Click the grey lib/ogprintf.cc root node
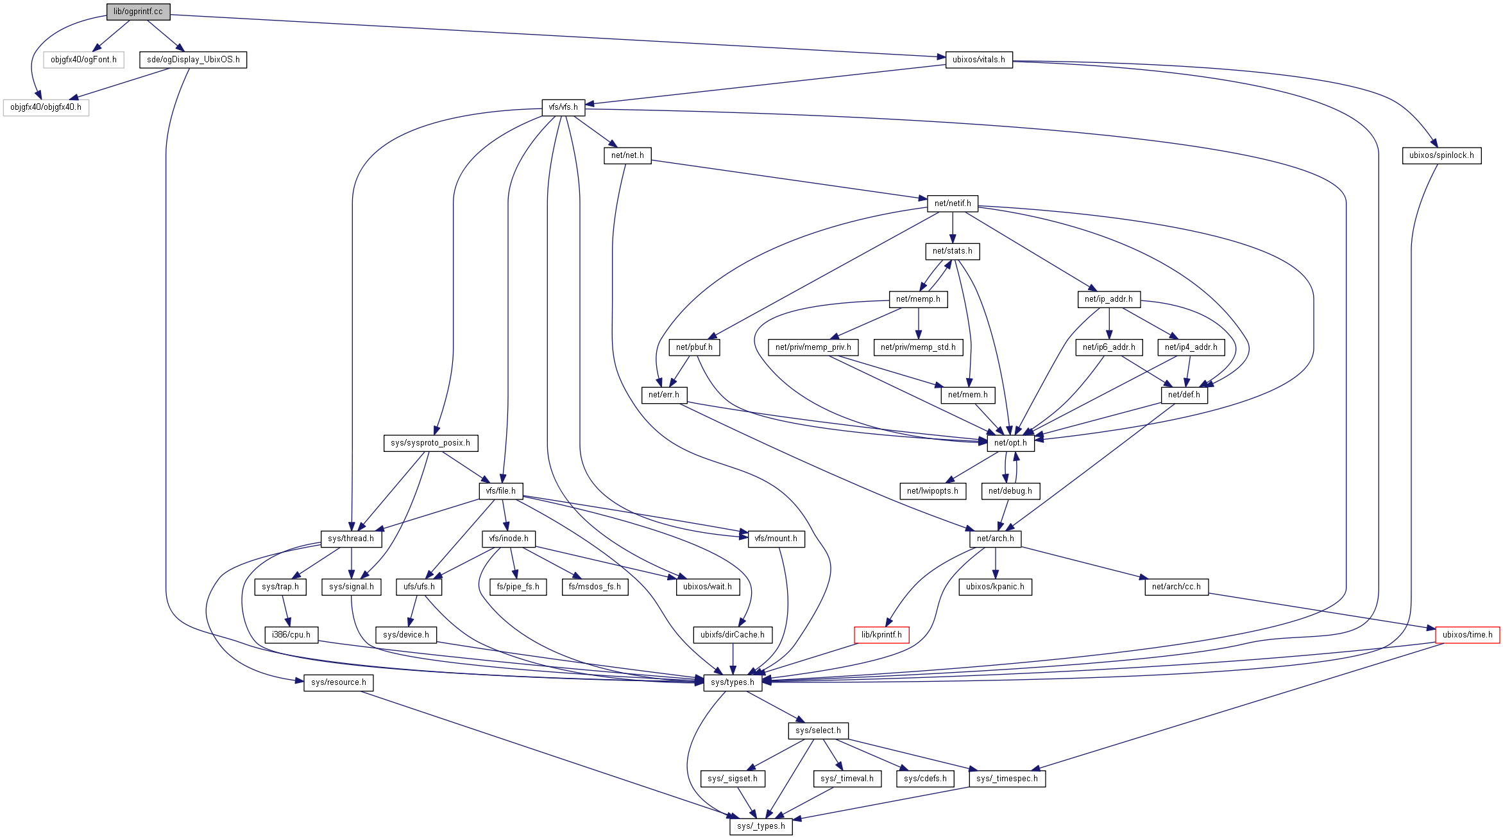pyautogui.click(x=138, y=12)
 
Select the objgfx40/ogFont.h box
pyautogui.click(x=83, y=60)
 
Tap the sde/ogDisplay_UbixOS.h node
pyautogui.click(x=193, y=60)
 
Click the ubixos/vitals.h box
pyautogui.click(x=978, y=60)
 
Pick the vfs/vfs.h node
pyautogui.click(x=563, y=107)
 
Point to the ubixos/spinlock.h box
pyautogui.click(x=1441, y=155)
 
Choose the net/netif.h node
pyautogui.click(x=953, y=203)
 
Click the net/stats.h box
pyautogui.click(x=953, y=251)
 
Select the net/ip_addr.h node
pyautogui.click(x=1108, y=299)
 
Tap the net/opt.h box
pyautogui.click(x=1010, y=443)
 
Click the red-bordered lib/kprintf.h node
pyautogui.click(x=881, y=635)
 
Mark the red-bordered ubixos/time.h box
pyautogui.click(x=1467, y=635)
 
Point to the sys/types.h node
pyautogui.click(x=733, y=682)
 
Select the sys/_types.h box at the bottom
pyautogui.click(x=761, y=826)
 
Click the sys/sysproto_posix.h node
pyautogui.click(x=430, y=443)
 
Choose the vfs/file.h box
pyautogui.click(x=500, y=491)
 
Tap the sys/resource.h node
pyautogui.click(x=338, y=682)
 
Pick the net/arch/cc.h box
pyautogui.click(x=1176, y=587)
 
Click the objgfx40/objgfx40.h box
pyautogui.click(x=46, y=107)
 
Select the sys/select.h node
pyautogui.click(x=818, y=731)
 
